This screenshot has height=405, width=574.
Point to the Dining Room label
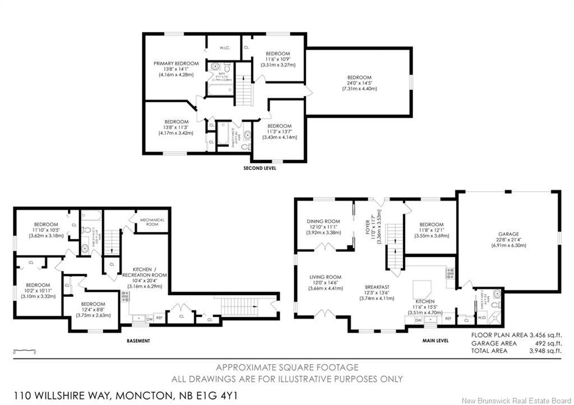coord(323,221)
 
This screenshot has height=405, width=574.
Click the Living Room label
coord(325,277)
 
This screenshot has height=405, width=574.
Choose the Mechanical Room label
coord(151,222)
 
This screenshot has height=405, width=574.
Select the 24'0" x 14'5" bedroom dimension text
coord(359,83)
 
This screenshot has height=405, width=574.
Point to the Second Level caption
coord(260,168)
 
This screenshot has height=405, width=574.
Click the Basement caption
coord(137,341)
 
